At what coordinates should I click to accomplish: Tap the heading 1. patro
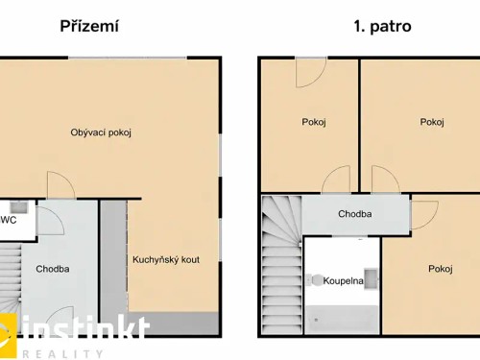tap(381, 26)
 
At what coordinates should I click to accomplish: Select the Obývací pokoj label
tap(101, 132)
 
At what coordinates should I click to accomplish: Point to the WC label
tap(9, 219)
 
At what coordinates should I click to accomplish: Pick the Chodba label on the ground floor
tap(53, 269)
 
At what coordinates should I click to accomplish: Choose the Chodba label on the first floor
tap(355, 213)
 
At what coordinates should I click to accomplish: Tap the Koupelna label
tap(342, 279)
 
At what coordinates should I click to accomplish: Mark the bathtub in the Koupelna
tap(342, 316)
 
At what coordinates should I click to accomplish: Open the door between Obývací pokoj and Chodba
tap(60, 185)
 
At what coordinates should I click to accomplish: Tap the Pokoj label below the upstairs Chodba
tap(441, 269)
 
